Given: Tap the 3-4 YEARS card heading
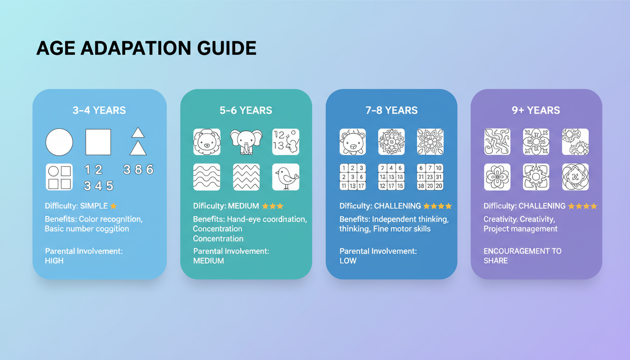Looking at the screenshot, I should pos(99,111).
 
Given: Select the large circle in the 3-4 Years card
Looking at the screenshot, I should pos(59,142).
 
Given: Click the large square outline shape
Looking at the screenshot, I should pos(98,142).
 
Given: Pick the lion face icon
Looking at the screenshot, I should pos(207,142).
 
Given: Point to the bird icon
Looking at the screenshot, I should pos(285,177).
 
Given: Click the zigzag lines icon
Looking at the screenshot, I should pos(246,177).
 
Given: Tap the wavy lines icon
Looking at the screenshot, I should pos(207,177).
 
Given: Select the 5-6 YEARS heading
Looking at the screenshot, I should pos(246,111).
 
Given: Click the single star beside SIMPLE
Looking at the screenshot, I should pos(113,206).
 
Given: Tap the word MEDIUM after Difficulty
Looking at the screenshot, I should pos(244,206).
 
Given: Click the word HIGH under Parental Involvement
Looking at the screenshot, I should pos(54,261).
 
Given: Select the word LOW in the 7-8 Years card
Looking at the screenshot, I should pos(348,261).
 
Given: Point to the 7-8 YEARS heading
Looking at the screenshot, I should pos(391,111).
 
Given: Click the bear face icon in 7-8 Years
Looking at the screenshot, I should pos(352,142).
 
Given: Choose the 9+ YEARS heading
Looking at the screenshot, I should pos(536,111).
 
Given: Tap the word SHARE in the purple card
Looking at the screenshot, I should pos(495,261).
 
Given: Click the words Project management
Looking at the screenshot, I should pos(520,229).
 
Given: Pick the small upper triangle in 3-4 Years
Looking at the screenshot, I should pos(138,133).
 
